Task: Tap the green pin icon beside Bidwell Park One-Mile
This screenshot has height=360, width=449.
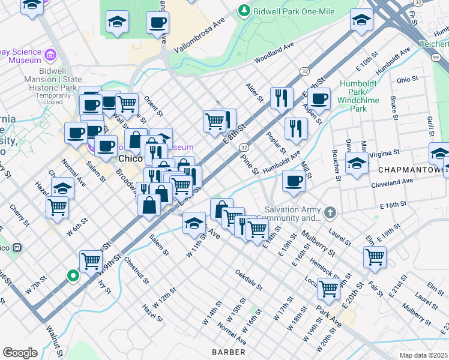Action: (244, 10)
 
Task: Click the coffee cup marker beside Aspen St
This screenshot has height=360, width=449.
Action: (319, 98)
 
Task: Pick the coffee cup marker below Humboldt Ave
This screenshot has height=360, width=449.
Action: (294, 181)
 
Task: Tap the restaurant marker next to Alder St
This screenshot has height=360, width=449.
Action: (282, 97)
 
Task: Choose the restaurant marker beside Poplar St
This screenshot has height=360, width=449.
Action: (296, 128)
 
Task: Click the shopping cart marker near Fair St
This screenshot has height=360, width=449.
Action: (375, 256)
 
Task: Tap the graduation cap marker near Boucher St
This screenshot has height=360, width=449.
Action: (357, 163)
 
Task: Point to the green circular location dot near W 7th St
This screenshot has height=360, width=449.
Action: (73, 276)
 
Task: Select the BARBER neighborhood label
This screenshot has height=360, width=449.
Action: (229, 351)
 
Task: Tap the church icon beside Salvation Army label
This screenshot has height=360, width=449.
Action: (330, 213)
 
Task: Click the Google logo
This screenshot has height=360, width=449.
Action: (20, 353)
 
